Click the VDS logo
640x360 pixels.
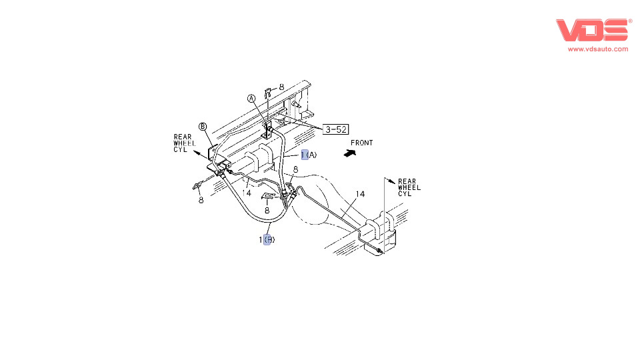click(593, 30)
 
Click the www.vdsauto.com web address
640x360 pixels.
click(597, 49)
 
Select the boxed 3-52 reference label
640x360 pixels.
click(336, 129)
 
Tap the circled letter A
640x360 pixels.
click(252, 99)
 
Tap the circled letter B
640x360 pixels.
click(202, 126)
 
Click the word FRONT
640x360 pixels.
click(361, 143)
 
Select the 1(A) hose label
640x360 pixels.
click(309, 155)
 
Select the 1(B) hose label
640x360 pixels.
click(267, 239)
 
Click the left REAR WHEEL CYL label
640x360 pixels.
click(183, 143)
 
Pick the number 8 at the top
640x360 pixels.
click(281, 87)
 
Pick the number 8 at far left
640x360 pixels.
click(200, 199)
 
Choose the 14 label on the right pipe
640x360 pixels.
click(360, 194)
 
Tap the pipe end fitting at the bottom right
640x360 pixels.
click(379, 251)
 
